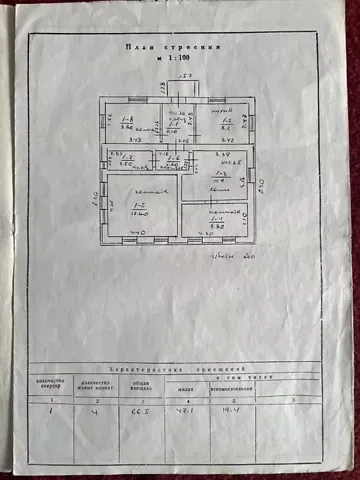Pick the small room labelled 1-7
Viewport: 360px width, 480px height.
(x=127, y=161)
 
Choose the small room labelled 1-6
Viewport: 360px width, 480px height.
(x=172, y=160)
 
